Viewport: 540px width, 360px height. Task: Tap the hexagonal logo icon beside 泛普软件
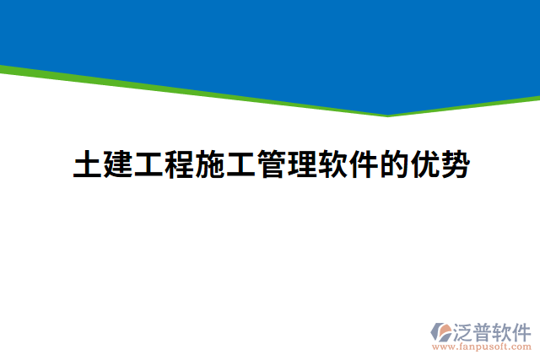coord(442,330)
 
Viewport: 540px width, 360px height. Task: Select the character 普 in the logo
coord(484,330)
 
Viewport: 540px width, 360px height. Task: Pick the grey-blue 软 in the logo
coord(503,330)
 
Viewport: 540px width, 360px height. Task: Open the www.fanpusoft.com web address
coord(481,346)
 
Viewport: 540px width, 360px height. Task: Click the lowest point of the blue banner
coord(389,114)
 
